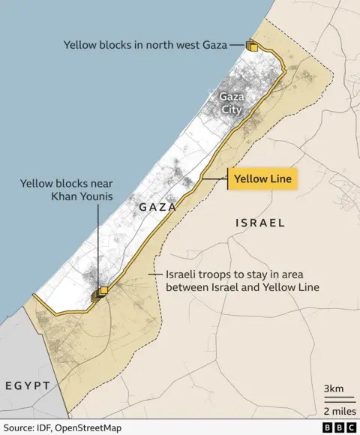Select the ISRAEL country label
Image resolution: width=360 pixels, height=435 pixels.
pos(260,223)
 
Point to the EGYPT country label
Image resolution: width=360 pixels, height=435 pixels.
pos(27,385)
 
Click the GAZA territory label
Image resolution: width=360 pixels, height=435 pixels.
pos(157,206)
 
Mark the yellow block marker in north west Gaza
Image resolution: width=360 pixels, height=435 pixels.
pos(253,46)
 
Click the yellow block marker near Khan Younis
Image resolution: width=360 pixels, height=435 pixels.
pos(101,292)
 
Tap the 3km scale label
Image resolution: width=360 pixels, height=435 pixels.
pos(334,388)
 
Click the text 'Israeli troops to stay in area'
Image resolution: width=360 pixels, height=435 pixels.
pos(238,274)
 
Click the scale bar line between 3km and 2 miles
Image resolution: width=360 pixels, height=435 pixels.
pos(334,399)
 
